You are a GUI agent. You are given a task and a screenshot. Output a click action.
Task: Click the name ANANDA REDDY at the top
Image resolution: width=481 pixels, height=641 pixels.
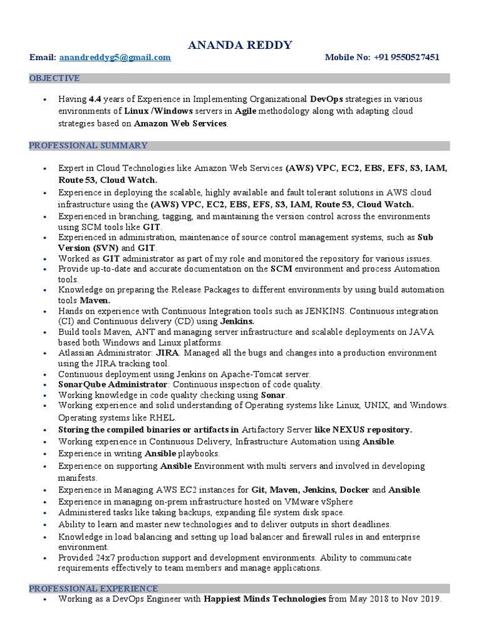tap(240, 44)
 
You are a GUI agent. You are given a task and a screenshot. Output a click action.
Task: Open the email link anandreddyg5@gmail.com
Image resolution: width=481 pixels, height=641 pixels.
tap(115, 58)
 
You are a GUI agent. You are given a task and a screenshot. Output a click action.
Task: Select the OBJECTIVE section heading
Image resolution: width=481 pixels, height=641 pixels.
tap(54, 78)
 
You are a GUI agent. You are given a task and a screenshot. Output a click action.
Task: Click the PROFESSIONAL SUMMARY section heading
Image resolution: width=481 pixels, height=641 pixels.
tap(88, 146)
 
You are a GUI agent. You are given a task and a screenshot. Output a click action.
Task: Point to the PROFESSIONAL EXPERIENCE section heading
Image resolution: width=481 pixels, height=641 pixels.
tap(93, 588)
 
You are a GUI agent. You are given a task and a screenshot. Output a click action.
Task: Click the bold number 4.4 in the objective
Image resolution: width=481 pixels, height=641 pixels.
tap(95, 100)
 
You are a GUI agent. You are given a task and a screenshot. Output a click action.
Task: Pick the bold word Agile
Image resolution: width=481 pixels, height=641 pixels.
tap(246, 111)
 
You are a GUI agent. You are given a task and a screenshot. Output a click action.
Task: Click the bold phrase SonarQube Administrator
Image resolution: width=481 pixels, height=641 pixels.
tap(113, 384)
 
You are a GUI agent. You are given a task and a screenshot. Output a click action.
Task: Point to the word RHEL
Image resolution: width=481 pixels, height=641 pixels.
tap(163, 418)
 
